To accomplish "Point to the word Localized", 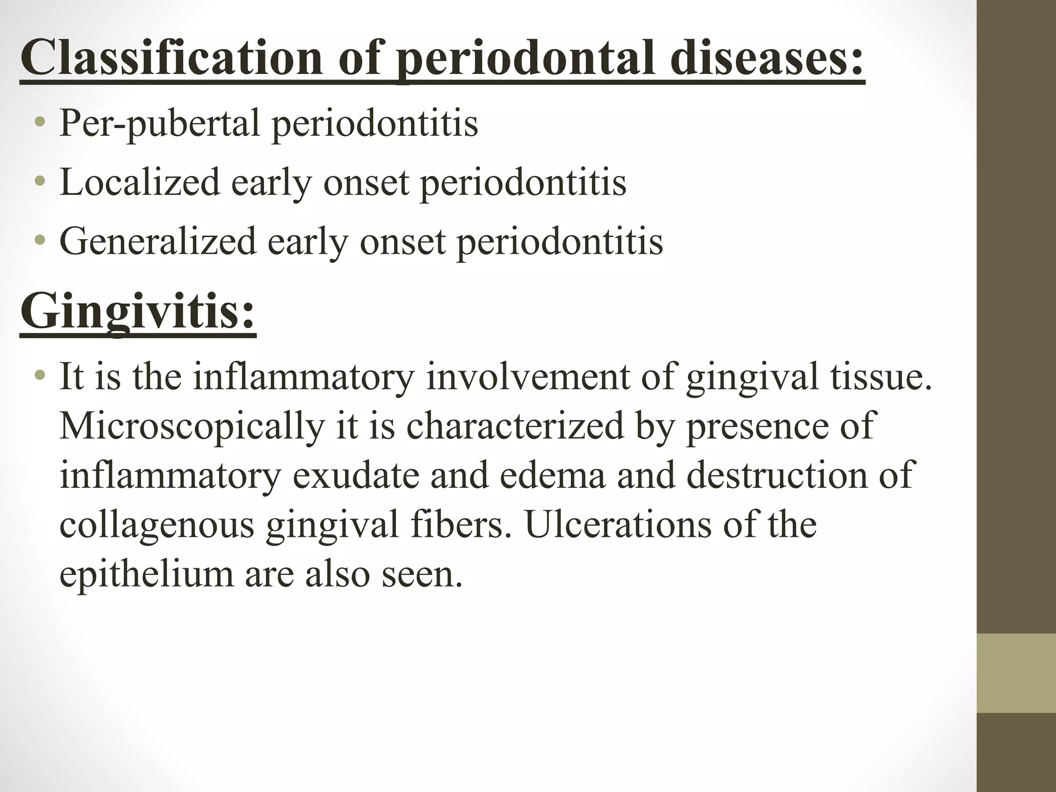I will coord(140,183).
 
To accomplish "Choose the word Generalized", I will coord(158,241).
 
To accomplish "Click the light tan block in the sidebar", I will coord(1016,673).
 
